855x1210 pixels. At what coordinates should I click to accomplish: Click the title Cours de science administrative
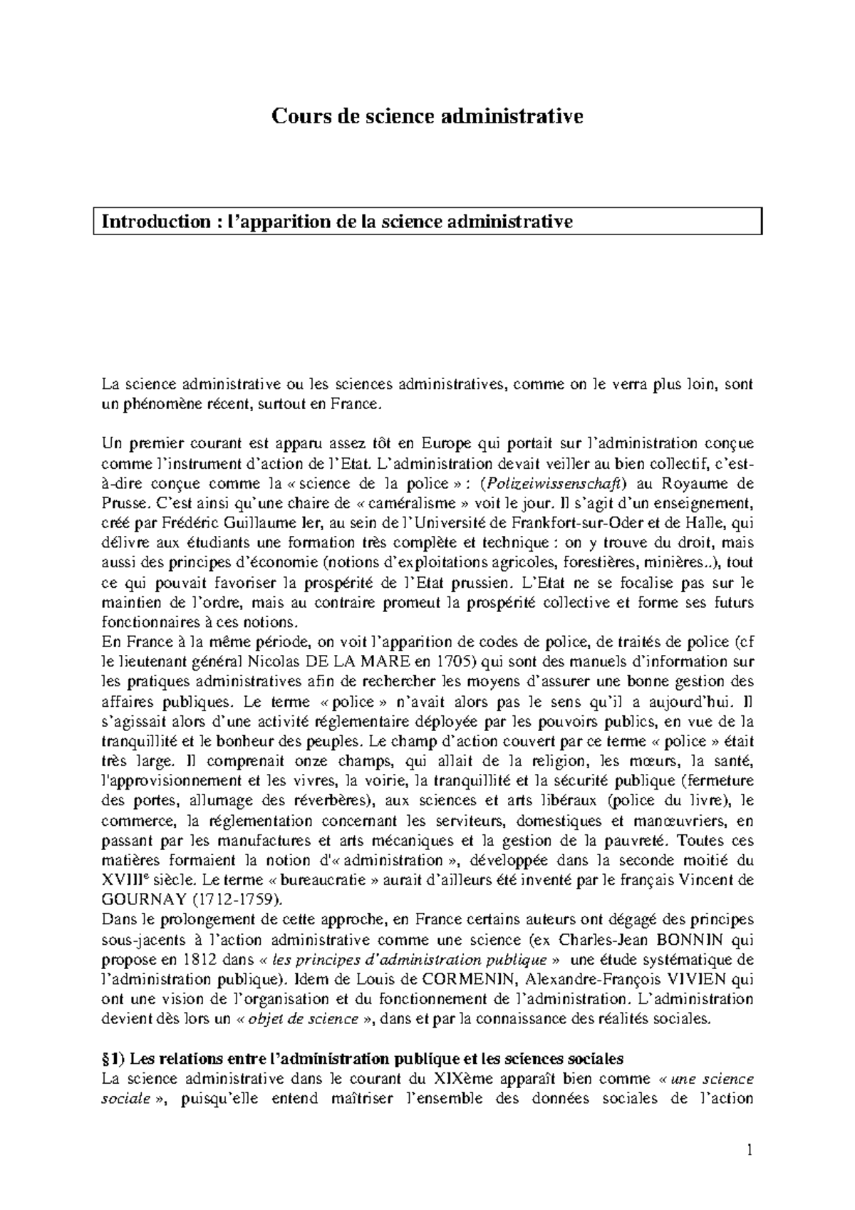427,116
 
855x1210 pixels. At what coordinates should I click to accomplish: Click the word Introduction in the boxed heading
150,222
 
